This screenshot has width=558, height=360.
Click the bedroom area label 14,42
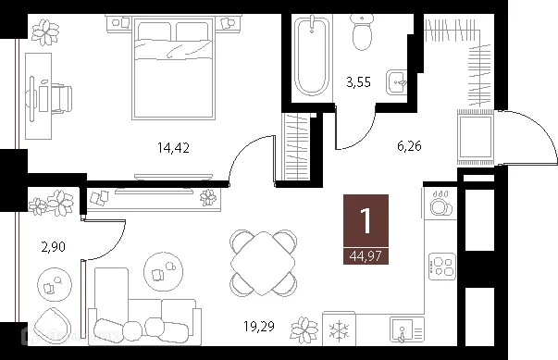pyautogui.click(x=173, y=147)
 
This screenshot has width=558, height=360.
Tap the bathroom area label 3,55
pyautogui.click(x=358, y=82)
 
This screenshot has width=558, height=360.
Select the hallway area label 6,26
pyautogui.click(x=409, y=146)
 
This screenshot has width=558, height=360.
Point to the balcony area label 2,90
pyautogui.click(x=54, y=246)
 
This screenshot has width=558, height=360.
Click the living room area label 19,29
pyautogui.click(x=259, y=326)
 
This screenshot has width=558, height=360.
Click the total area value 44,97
pyautogui.click(x=366, y=255)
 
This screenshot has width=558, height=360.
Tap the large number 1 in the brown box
pyautogui.click(x=366, y=221)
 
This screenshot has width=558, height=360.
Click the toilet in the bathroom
pyautogui.click(x=362, y=32)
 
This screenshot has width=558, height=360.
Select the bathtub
pyautogui.click(x=312, y=57)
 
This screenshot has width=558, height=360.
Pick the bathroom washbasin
pyautogui.click(x=396, y=82)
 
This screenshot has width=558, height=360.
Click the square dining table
pyautogui.click(x=263, y=264)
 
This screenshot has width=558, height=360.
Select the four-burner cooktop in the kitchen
pyautogui.click(x=442, y=267)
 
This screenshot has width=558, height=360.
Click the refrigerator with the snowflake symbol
pyautogui.click(x=339, y=329)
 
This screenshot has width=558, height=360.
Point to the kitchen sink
pyautogui.click(x=407, y=330)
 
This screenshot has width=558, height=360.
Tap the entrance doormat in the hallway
pyautogui.click(x=476, y=137)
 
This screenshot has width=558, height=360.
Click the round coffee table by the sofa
pyautogui.click(x=164, y=271)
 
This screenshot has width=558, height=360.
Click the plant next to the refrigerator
pyautogui.click(x=304, y=330)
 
